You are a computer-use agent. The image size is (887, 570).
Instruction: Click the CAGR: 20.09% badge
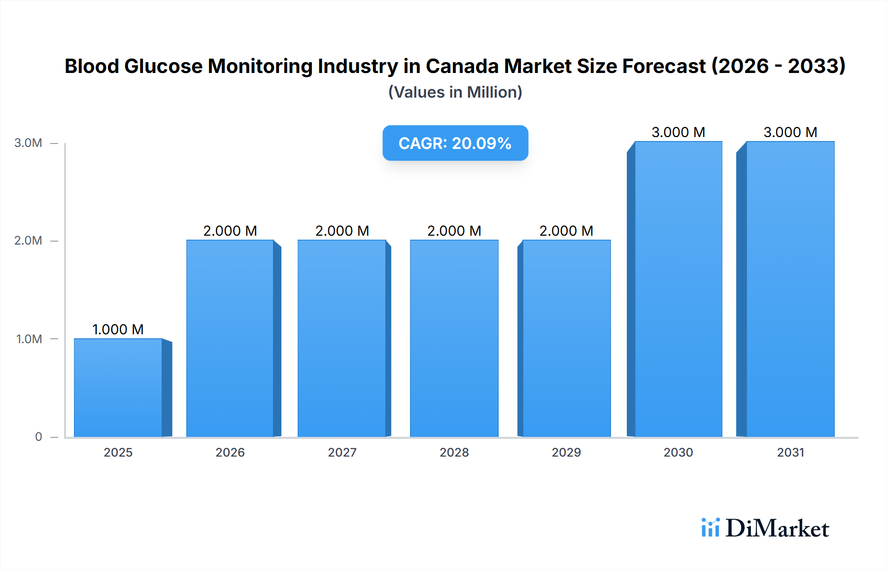pos(455,143)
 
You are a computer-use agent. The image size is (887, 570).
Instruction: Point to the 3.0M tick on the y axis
pos(29,143)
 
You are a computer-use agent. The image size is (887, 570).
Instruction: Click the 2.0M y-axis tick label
pos(29,241)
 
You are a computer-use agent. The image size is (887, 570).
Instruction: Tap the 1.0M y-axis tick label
pos(29,339)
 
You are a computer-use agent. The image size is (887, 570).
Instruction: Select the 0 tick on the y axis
pos(38,436)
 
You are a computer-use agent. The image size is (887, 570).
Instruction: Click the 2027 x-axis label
pos(342,452)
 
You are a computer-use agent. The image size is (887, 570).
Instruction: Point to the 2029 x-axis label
pos(566,452)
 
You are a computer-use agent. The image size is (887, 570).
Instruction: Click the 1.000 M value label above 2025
pos(118,329)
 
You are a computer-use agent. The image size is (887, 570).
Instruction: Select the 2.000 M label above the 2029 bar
pos(566,231)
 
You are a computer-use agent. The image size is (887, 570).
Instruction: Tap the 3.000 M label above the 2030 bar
pos(678,132)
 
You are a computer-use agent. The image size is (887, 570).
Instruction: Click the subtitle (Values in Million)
pos(455,92)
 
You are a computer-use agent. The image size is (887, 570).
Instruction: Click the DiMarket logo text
pos(777,529)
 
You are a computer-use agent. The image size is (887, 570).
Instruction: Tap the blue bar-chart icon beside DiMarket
pos(710,528)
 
